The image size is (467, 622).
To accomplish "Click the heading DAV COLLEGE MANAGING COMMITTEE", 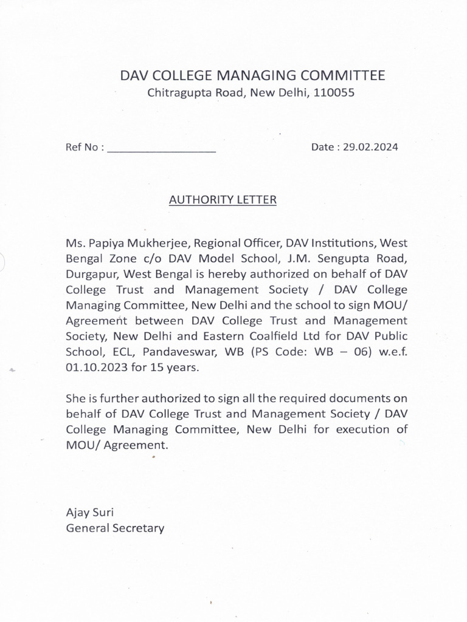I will pos(252,75).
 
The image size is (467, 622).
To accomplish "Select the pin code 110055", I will pos(334,93).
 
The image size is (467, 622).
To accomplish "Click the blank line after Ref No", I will pos(162,148).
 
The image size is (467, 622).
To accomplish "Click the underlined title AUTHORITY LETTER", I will pos(223,199).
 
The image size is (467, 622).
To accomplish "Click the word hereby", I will pos(230,274).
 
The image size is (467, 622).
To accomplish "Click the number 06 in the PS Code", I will pos(362,352).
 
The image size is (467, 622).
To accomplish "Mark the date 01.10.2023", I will pos(92,367).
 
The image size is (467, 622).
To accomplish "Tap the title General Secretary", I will pos(115,528).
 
